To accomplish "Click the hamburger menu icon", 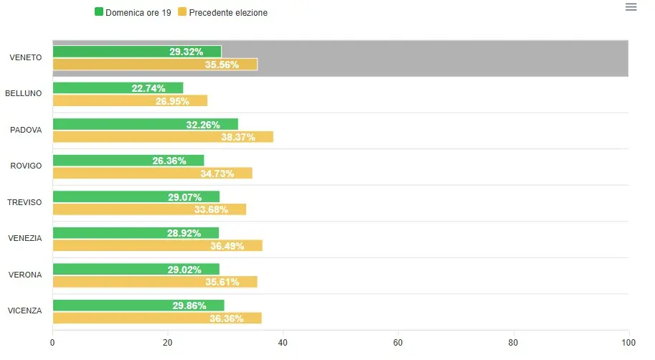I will [631, 7].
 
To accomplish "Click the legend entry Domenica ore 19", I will [133, 12].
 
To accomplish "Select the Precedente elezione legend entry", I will [222, 12].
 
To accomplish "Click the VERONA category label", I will [25, 275].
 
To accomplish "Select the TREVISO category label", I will [24, 202].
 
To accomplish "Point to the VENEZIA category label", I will [25, 238].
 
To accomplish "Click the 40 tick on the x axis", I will [283, 342].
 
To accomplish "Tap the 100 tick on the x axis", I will [628, 342].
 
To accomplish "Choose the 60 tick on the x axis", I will [398, 342].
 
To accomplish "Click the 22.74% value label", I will [149, 88].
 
